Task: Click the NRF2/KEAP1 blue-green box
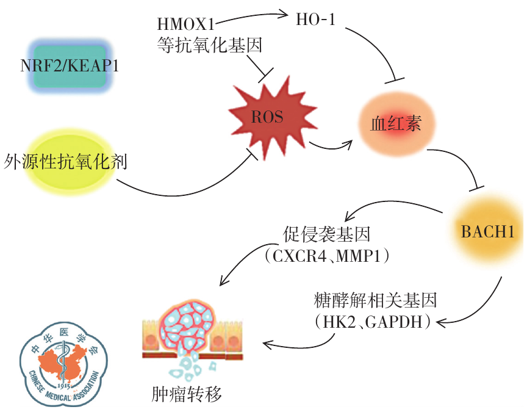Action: (69, 65)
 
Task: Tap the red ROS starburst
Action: (267, 117)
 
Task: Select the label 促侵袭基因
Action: (327, 234)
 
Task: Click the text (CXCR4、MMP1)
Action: (327, 256)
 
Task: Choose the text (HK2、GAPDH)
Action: (373, 322)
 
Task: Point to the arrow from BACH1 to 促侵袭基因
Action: (390, 206)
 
